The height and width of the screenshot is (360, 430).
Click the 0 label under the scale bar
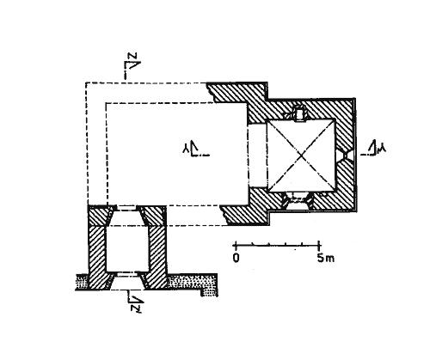[x=236, y=258]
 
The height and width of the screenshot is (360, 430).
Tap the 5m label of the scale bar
[x=325, y=258]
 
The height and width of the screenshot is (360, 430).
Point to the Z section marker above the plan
[x=132, y=65]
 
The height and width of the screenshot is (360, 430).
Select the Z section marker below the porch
[x=135, y=302]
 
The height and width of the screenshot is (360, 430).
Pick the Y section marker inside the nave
[x=195, y=149]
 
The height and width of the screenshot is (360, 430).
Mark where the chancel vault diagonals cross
[x=301, y=156]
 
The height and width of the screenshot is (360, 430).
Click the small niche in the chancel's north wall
[x=299, y=114]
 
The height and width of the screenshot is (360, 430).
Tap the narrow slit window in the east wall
[x=347, y=155]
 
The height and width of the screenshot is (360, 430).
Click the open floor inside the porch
[x=127, y=248]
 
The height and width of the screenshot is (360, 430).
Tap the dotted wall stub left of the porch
[x=82, y=283]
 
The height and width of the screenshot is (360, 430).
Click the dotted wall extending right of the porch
[x=192, y=283]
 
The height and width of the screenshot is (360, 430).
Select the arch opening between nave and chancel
[x=257, y=156]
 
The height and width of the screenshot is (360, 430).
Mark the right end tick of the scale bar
[x=319, y=245]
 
